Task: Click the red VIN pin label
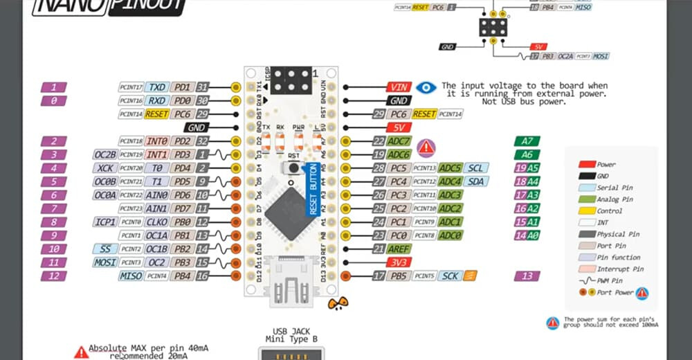click(x=399, y=87)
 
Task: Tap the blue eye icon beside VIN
click(x=426, y=87)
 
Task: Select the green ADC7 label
click(x=399, y=141)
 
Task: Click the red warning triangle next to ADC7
click(x=426, y=146)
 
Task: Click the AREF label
click(x=399, y=249)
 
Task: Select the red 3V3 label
click(x=399, y=262)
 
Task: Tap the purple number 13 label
click(x=527, y=276)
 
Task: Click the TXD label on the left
click(x=157, y=87)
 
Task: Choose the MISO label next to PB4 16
click(x=131, y=276)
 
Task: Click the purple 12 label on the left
click(x=54, y=276)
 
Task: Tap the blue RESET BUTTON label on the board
click(x=312, y=188)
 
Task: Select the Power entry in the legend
click(x=606, y=165)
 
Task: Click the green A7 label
click(x=527, y=141)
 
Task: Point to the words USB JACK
click(x=291, y=331)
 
